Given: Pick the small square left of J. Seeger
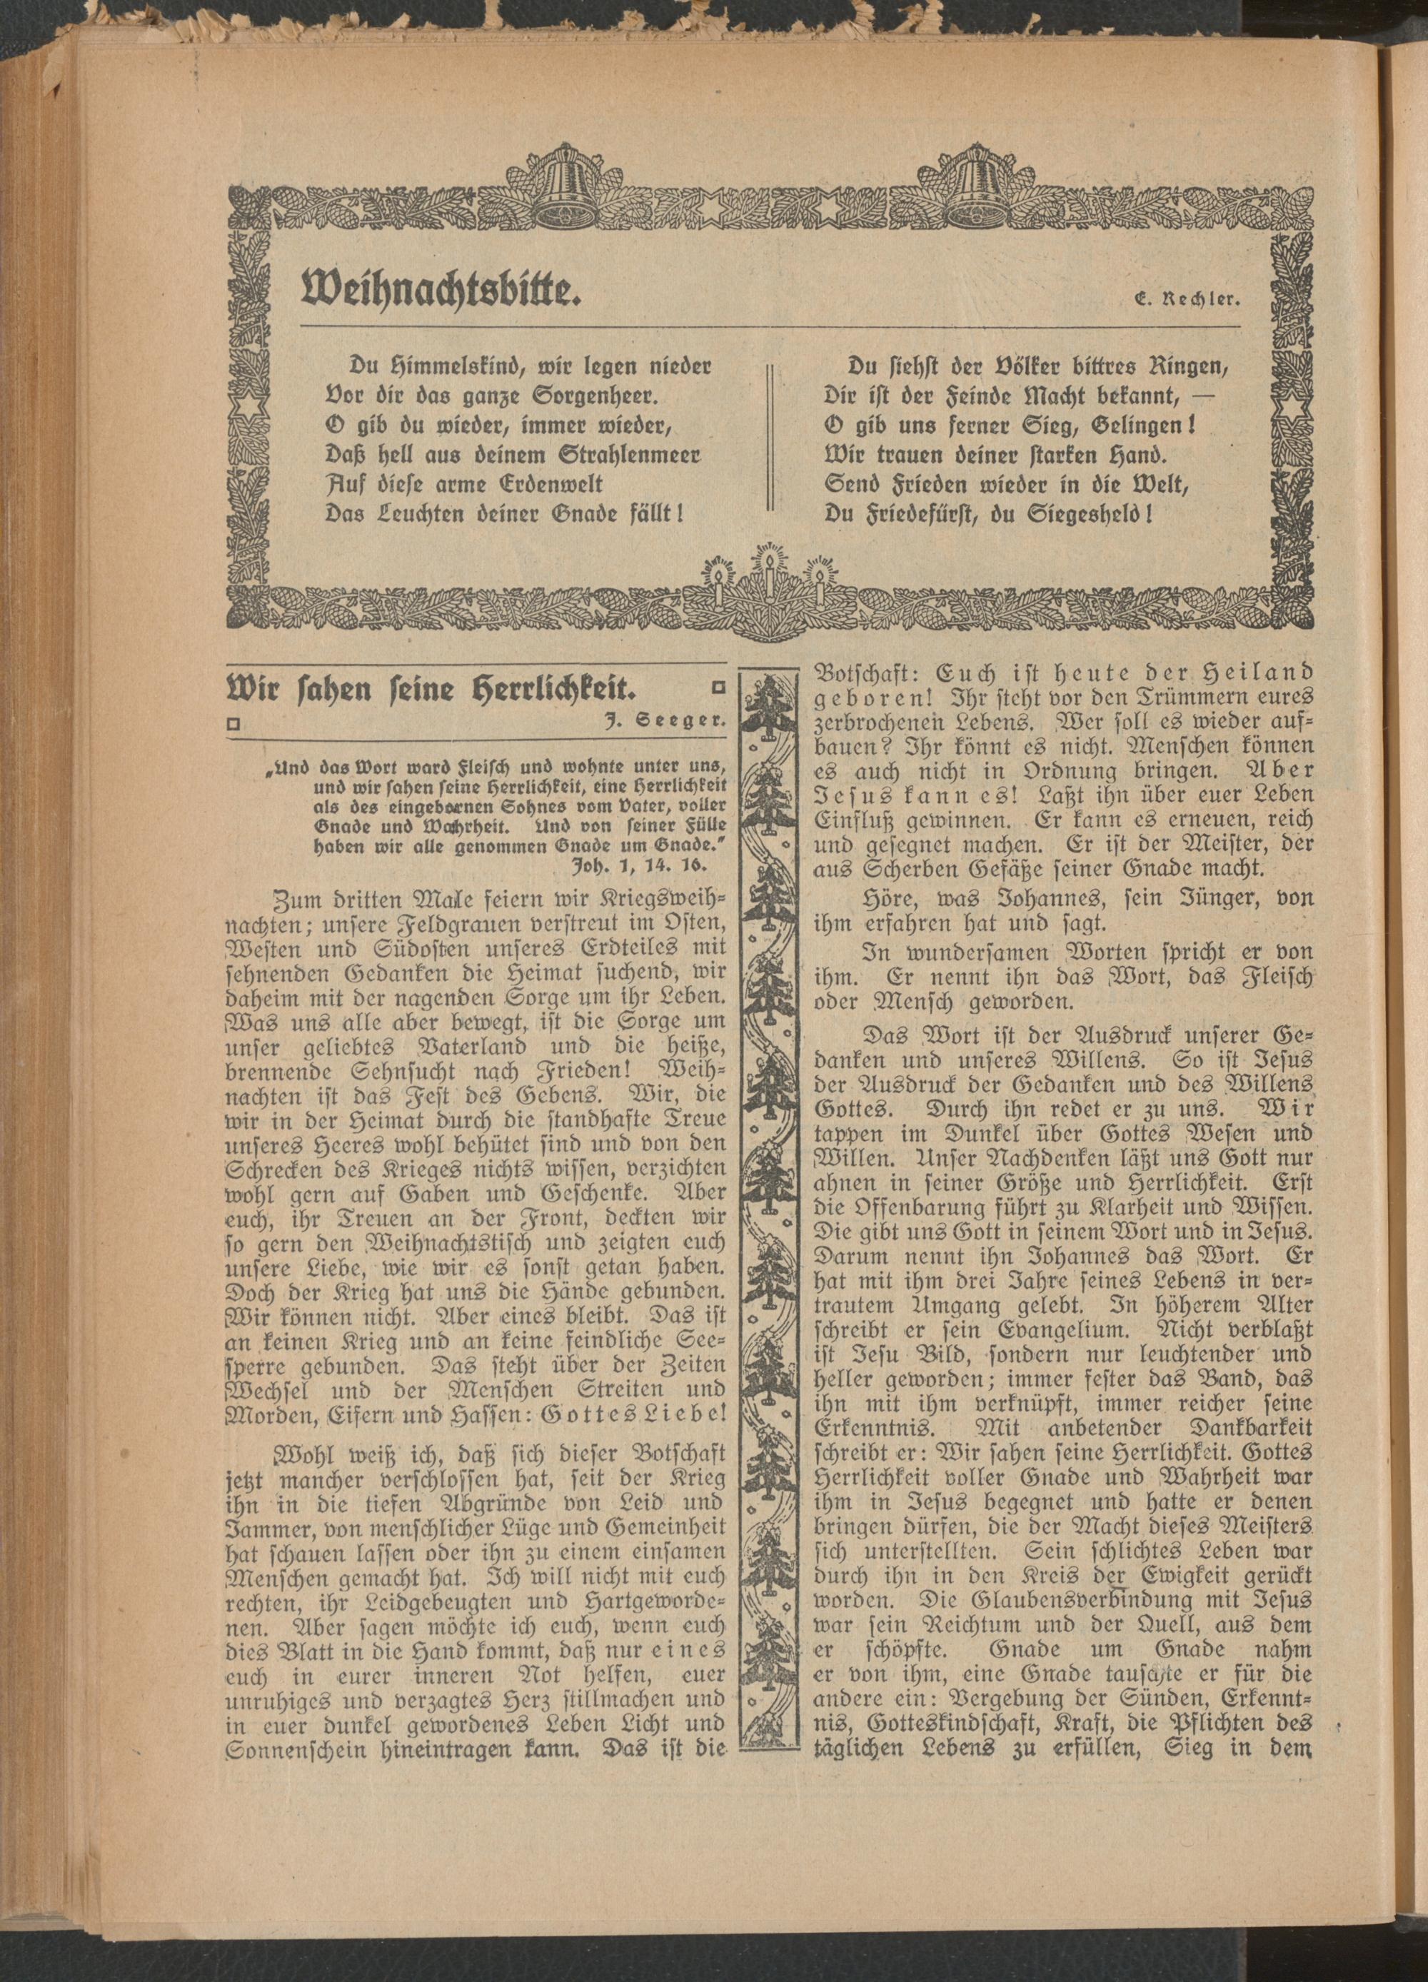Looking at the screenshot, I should coord(233,723).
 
